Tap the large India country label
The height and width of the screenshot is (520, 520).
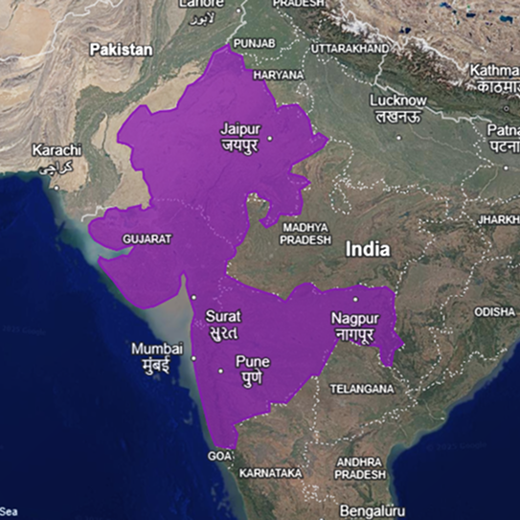(369, 249)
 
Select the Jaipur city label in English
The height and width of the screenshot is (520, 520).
(239, 126)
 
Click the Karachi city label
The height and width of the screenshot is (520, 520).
(57, 150)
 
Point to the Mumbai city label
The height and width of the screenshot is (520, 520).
(157, 348)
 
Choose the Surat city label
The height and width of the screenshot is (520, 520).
(222, 316)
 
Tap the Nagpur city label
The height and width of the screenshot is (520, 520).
(355, 318)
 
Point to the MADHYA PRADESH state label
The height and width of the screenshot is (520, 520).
(305, 233)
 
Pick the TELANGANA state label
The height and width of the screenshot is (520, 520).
(361, 389)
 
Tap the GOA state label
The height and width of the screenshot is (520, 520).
(219, 456)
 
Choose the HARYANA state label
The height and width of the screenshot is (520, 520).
(278, 74)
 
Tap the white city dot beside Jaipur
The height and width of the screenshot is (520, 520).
(270, 138)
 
